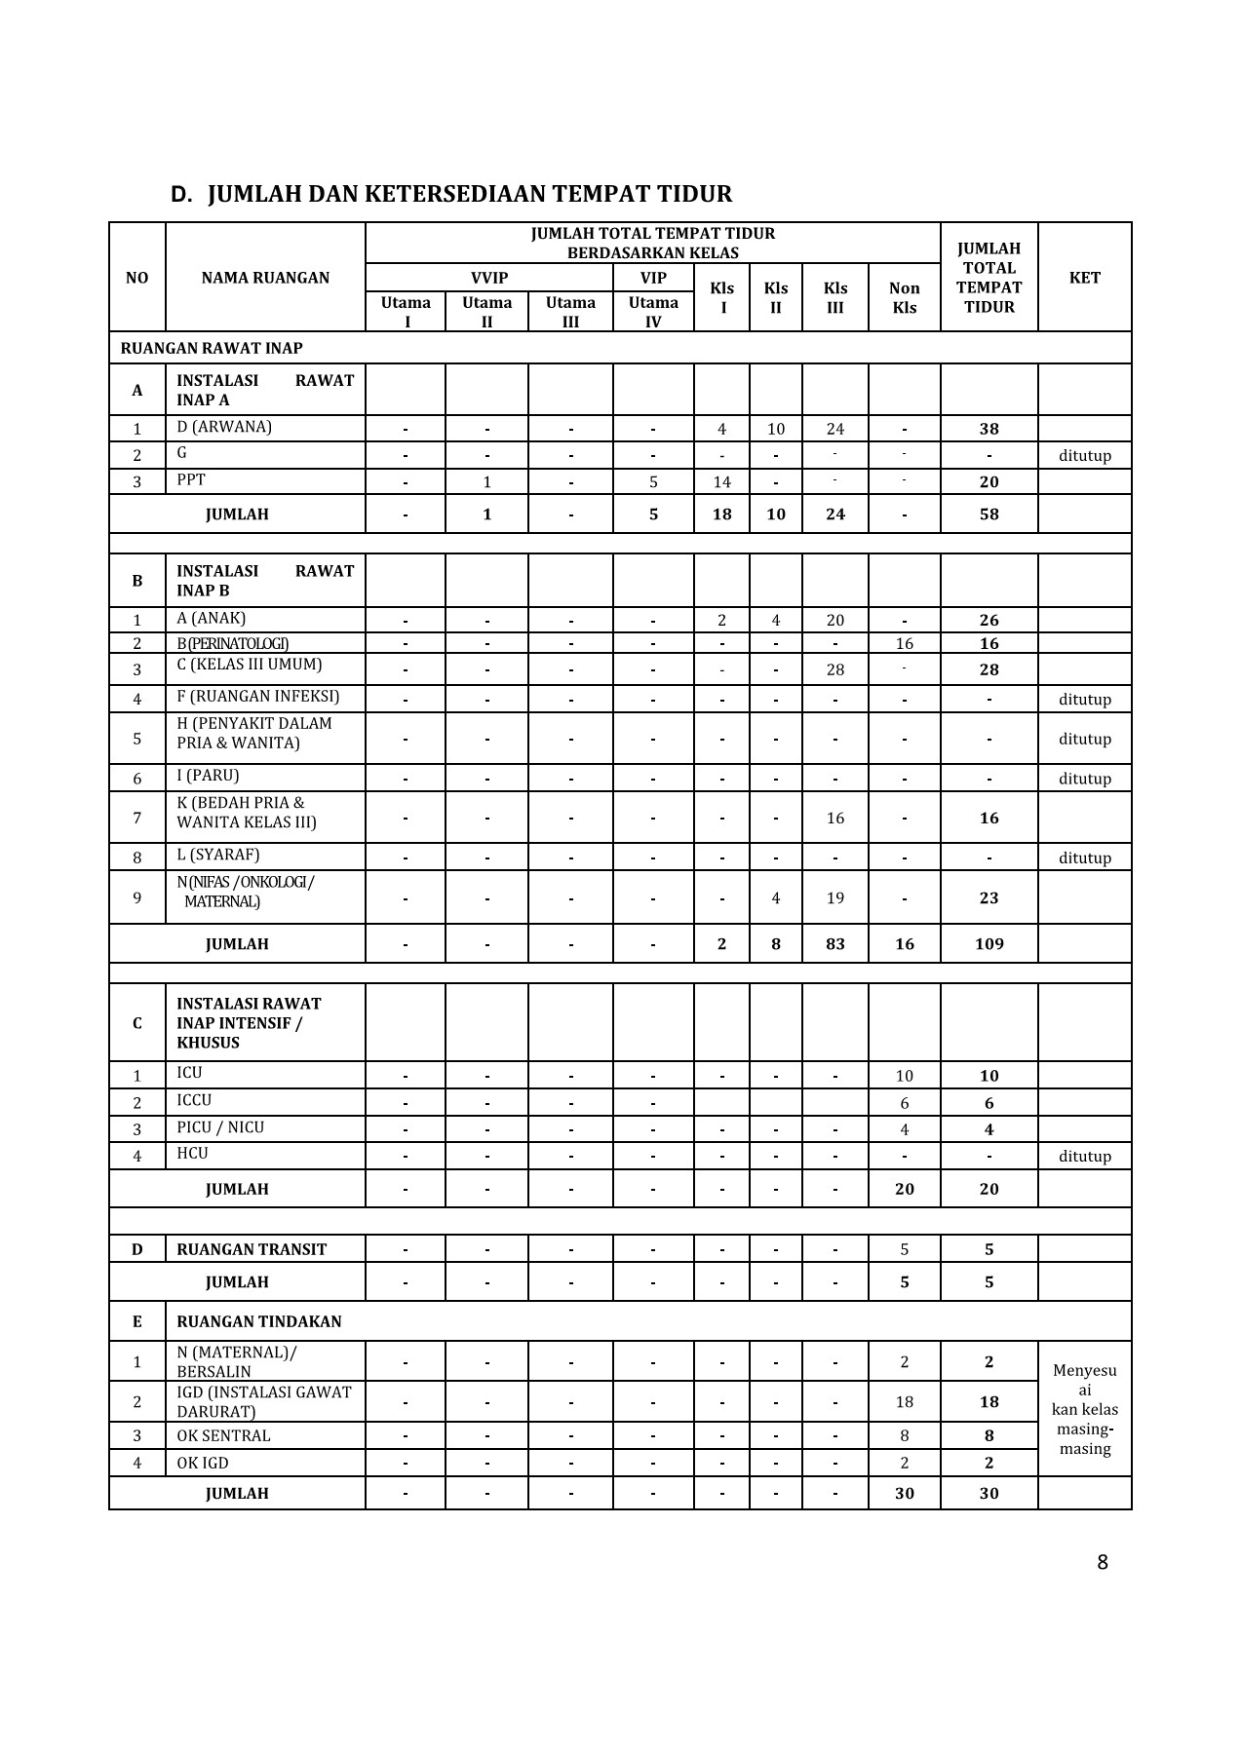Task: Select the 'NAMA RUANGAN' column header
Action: [265, 278]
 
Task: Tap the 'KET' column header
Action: [1084, 278]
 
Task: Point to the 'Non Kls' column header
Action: [904, 297]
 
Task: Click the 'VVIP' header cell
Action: [488, 278]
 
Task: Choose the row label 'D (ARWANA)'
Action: [224, 427]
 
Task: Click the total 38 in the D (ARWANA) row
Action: [989, 429]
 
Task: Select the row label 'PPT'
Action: [191, 479]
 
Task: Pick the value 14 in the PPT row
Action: [721, 481]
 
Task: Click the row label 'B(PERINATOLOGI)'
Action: [232, 643]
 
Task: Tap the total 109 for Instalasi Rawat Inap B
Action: [989, 943]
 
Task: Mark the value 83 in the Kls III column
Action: [834, 943]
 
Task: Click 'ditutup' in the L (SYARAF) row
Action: [1084, 858]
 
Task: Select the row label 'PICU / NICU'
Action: [220, 1127]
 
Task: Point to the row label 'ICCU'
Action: [194, 1100]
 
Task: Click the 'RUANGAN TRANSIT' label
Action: [252, 1249]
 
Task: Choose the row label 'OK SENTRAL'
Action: [223, 1435]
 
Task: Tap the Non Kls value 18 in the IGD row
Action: [904, 1401]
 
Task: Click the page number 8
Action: [1102, 1563]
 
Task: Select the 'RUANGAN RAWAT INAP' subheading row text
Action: [212, 348]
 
